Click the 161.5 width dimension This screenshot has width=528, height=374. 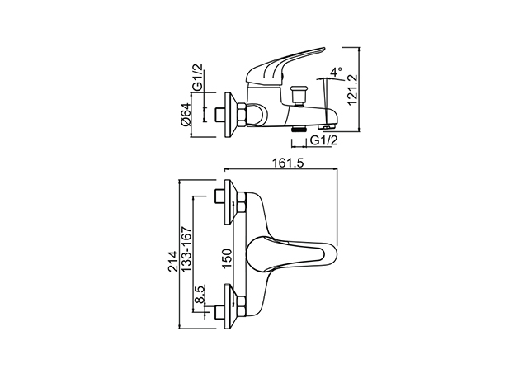[288, 163]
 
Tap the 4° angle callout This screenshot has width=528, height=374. [336, 72]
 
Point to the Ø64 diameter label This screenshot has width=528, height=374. [186, 114]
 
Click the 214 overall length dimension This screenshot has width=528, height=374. [173, 261]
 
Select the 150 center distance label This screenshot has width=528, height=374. [228, 259]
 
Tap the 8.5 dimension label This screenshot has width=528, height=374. [200, 295]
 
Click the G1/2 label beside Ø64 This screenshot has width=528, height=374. [198, 77]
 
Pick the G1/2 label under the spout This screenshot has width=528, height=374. [323, 140]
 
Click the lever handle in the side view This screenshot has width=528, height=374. [286, 65]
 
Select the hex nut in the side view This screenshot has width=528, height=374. [242, 116]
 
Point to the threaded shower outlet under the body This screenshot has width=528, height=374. [299, 128]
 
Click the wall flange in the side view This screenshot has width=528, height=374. [230, 115]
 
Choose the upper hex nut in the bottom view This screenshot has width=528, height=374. [242, 202]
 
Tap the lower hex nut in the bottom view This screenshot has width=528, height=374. [242, 306]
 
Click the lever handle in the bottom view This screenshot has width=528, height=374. [291, 253]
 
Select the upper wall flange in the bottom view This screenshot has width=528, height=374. [230, 202]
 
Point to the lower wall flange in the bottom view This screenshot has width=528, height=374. [230, 306]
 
